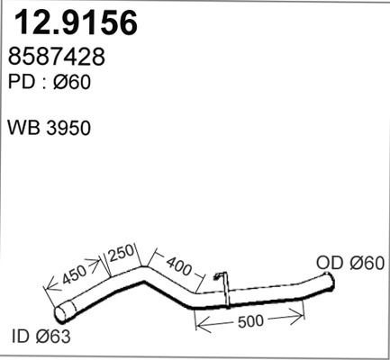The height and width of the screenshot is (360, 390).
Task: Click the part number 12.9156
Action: pyautogui.click(x=74, y=22)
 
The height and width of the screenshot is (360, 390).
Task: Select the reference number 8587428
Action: pyautogui.click(x=56, y=58)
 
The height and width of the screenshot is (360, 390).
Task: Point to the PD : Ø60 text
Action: pyautogui.click(x=50, y=81)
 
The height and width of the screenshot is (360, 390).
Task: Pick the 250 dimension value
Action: pyautogui.click(x=122, y=251)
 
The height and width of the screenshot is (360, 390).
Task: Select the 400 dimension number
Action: pyautogui.click(x=181, y=266)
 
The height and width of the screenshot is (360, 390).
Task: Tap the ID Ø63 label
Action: pyautogui.click(x=41, y=337)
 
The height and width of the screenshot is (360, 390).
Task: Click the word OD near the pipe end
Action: pyautogui.click(x=331, y=263)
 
